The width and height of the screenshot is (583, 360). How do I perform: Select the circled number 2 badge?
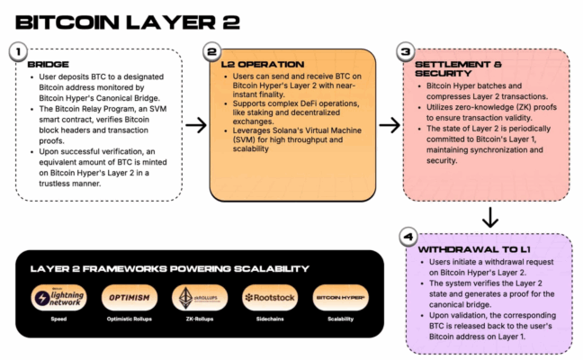tap(211, 53)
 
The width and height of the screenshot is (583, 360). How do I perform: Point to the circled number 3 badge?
tap(405, 53)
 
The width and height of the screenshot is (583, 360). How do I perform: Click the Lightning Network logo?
tap(58, 298)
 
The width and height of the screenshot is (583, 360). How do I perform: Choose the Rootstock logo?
tap(267, 298)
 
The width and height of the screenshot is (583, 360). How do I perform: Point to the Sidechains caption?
tap(267, 319)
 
